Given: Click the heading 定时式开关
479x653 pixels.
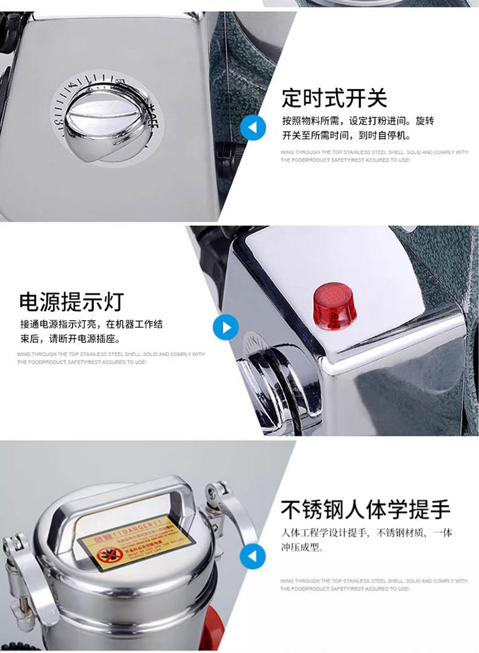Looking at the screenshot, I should coord(334,98).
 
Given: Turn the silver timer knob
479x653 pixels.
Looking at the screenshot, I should coord(105,123).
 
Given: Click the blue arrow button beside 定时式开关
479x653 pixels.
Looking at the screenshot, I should coord(253,128).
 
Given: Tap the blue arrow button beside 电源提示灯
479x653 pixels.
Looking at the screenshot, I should coord(226,327).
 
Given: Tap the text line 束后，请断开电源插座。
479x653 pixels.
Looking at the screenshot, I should coord(70,339).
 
